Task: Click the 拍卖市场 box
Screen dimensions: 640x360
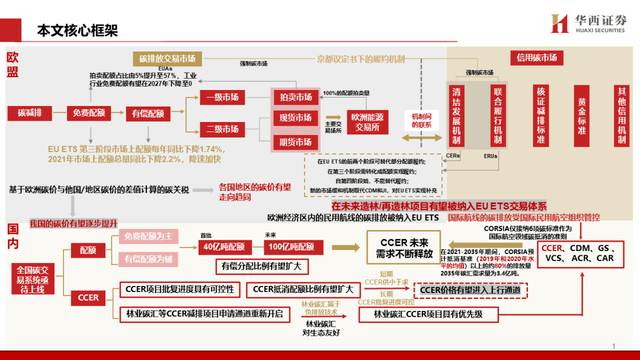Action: (294, 96)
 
